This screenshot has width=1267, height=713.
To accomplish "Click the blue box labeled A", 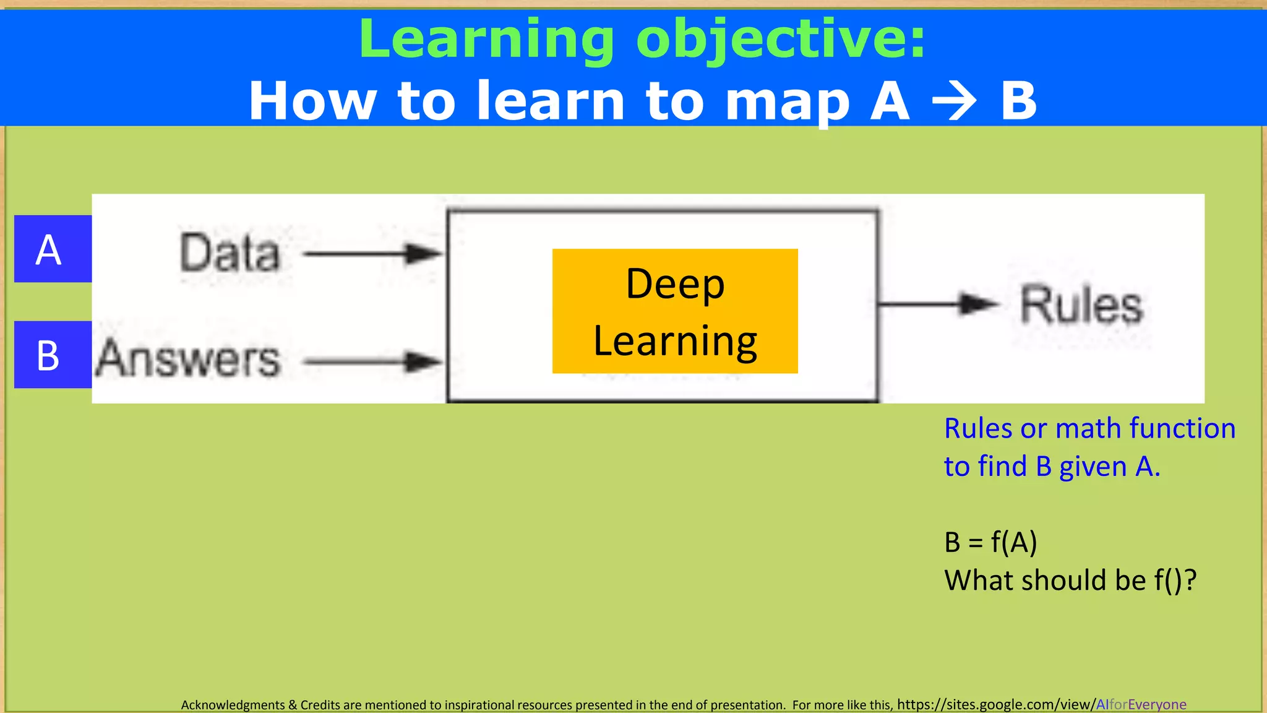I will [x=53, y=249].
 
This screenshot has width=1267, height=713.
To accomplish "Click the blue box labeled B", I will [x=53, y=355].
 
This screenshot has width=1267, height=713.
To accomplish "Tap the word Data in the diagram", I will [x=230, y=253].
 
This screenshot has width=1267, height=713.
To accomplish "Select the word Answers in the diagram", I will [x=189, y=358].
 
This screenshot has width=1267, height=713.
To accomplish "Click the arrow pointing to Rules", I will [x=938, y=304].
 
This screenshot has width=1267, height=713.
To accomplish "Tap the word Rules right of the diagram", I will [x=1081, y=305].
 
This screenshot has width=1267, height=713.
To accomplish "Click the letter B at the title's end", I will [x=1018, y=101].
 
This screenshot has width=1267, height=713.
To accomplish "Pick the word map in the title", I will [x=787, y=103].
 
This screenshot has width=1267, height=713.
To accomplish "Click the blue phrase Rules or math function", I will [x=1089, y=428].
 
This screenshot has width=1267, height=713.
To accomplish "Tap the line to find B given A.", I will [x=1052, y=467].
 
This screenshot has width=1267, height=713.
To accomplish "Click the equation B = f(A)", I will [x=990, y=542].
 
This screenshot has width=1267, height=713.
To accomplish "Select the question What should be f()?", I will [x=1070, y=581].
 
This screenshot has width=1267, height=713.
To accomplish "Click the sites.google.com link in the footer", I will [x=1041, y=704].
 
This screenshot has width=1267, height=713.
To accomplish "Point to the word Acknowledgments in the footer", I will [x=233, y=705].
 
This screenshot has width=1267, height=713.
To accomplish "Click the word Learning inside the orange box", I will [x=675, y=342].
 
